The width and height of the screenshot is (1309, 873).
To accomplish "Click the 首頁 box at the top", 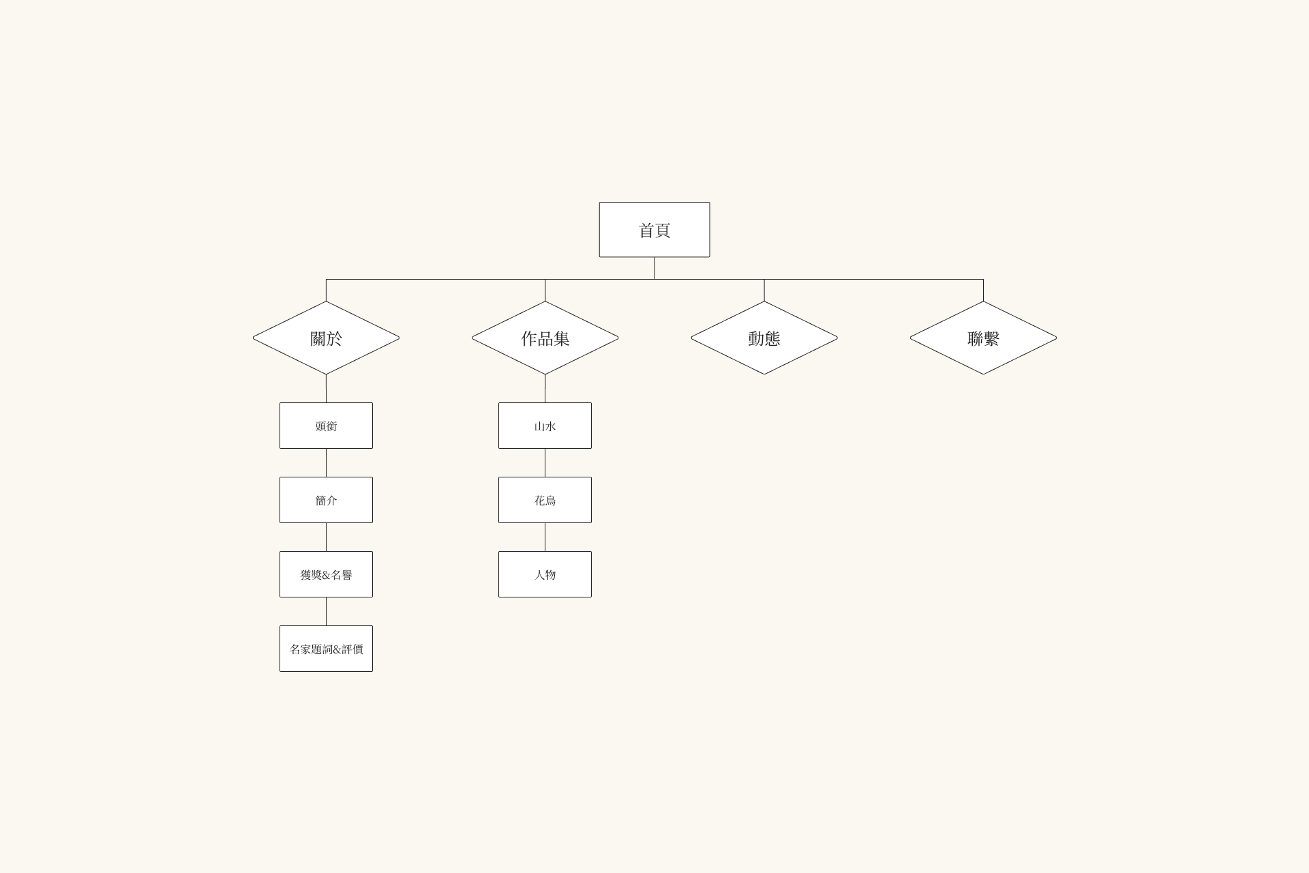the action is coord(654,230).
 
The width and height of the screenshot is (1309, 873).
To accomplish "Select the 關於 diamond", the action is coord(326,338).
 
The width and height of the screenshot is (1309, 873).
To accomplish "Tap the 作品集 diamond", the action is coord(545,338).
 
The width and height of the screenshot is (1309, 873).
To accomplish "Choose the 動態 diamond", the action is coord(764,338).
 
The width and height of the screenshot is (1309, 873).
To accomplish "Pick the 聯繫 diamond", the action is coord(983,338).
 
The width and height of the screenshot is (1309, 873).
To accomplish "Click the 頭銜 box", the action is coord(326,426).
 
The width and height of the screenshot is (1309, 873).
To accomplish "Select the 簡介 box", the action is coord(326,500).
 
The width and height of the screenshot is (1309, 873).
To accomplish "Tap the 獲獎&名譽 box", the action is coord(326,574).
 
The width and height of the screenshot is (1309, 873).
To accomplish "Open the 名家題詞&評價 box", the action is coord(326,649).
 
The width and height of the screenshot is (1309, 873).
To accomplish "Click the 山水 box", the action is coord(545,426).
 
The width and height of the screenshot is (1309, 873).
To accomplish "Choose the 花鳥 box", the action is coord(545,500).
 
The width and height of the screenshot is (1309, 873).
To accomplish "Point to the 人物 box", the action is coord(545,574).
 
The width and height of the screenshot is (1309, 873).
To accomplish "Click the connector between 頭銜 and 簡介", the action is coord(326,462).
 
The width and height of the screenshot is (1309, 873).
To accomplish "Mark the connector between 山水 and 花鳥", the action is coord(545,462).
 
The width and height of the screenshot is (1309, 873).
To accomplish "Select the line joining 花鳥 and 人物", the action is coord(545,537).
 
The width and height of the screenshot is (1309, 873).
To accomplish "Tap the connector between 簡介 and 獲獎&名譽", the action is coord(326,537).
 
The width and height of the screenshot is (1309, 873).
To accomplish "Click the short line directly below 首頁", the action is coord(654,268).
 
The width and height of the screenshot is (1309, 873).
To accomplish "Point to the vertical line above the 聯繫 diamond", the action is coord(983,290).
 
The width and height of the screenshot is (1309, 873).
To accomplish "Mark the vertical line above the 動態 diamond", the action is coord(764,290).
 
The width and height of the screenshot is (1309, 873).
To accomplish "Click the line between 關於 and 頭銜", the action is coord(326,388).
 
